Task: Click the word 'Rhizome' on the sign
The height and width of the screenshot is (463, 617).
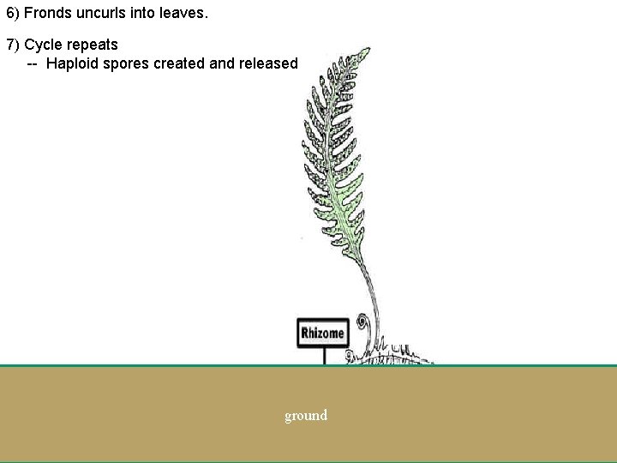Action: pyautogui.click(x=322, y=333)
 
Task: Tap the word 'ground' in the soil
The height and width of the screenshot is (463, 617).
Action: pyautogui.click(x=306, y=416)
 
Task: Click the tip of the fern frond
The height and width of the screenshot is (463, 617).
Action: pyautogui.click(x=365, y=51)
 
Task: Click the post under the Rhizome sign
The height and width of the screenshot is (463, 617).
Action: pyautogui.click(x=324, y=356)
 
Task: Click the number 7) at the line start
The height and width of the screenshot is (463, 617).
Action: pyautogui.click(x=13, y=45)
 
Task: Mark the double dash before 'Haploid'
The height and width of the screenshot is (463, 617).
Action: pyautogui.click(x=32, y=63)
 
